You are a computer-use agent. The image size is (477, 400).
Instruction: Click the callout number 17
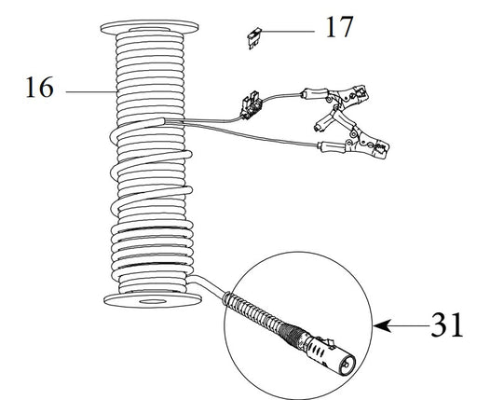[x=339, y=27]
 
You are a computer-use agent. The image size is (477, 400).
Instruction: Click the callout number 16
[x=39, y=88]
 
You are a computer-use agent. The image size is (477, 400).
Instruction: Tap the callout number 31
[x=447, y=325]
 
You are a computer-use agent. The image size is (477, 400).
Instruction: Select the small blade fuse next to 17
[x=254, y=38]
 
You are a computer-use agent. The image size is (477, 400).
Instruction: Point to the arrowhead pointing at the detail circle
[x=381, y=325]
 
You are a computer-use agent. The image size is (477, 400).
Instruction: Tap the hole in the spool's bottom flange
[x=153, y=301]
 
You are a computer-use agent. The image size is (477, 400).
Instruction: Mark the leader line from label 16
[x=91, y=91]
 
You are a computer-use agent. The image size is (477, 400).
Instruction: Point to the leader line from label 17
[x=288, y=31]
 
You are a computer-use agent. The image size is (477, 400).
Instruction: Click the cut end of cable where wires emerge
[x=163, y=121]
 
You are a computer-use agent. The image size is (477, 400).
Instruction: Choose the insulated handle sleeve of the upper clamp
[x=314, y=93]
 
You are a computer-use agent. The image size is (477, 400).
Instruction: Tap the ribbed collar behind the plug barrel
[x=292, y=333]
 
